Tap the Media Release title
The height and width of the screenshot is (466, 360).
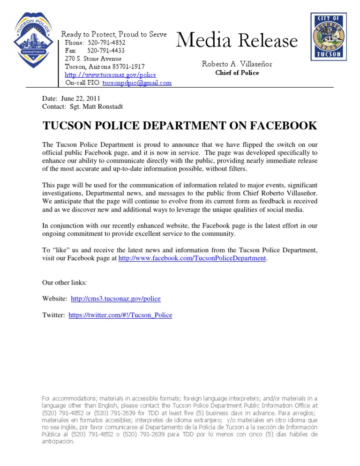coord(237,41)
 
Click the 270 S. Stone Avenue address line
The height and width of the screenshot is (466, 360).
coord(93,59)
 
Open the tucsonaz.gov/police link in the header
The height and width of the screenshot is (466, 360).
coord(110,75)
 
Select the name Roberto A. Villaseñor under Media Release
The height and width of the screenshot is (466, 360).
coord(237,64)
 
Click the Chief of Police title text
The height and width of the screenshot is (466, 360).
coord(237,73)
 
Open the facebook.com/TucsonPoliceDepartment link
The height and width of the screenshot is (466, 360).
coord(192,258)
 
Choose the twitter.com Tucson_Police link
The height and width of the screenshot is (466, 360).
coord(120,316)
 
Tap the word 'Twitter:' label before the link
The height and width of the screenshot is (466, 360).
coord(54,316)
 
